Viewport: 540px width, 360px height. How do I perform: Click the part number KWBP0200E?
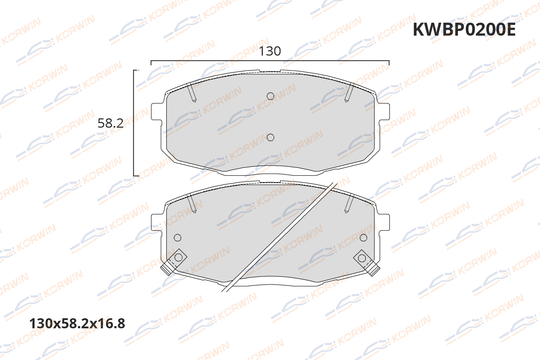point(464,30)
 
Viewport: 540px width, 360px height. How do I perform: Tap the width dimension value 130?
point(270,51)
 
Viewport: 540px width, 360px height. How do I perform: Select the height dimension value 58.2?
point(111,123)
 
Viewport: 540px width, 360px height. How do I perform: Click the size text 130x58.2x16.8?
point(77,324)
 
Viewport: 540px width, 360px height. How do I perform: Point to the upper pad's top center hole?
point(270,96)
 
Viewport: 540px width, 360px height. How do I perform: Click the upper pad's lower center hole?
point(270,137)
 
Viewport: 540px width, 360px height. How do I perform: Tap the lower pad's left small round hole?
point(177,238)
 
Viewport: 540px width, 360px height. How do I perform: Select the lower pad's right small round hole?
point(363,238)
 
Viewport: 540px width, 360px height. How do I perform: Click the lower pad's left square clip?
point(178,258)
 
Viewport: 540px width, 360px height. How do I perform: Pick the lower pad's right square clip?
point(362,258)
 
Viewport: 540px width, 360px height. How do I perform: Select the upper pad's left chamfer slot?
point(192,92)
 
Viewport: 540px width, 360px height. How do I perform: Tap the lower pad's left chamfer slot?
point(192,203)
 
